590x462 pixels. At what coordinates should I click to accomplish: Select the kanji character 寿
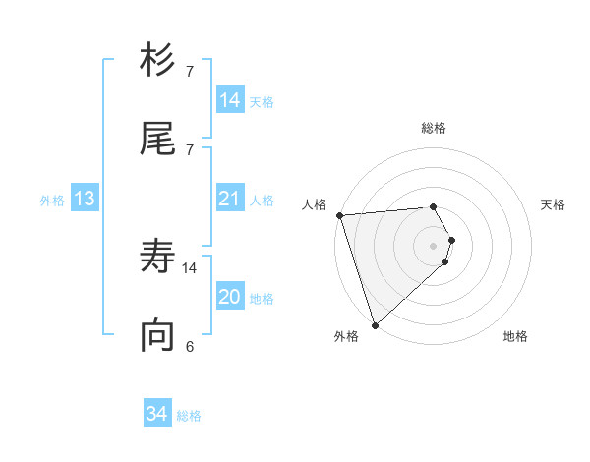point(157,259)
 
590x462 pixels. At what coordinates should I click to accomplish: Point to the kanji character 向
point(157,335)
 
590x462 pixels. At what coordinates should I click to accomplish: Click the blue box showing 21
point(229,199)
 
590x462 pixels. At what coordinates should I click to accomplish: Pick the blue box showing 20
point(229,297)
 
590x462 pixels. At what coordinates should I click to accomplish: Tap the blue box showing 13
point(85,199)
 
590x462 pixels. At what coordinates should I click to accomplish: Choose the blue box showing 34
point(157,414)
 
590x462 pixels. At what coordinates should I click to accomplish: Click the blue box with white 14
point(229,100)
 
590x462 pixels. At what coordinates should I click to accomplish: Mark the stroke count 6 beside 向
point(190,345)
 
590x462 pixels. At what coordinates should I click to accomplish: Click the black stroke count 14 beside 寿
point(190,267)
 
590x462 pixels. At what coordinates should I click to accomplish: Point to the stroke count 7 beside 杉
point(190,71)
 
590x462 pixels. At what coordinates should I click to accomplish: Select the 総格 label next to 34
point(189,416)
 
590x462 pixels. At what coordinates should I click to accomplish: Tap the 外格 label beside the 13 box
point(52,200)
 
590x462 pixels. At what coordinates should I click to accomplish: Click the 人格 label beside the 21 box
point(262,201)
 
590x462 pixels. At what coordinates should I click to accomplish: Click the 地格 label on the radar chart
point(515,337)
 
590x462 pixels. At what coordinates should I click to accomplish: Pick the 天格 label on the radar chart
point(554,204)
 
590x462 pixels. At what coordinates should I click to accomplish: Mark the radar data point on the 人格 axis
point(339,215)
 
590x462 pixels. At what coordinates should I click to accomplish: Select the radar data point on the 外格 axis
point(374,324)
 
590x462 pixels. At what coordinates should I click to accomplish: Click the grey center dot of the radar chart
point(433,245)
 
